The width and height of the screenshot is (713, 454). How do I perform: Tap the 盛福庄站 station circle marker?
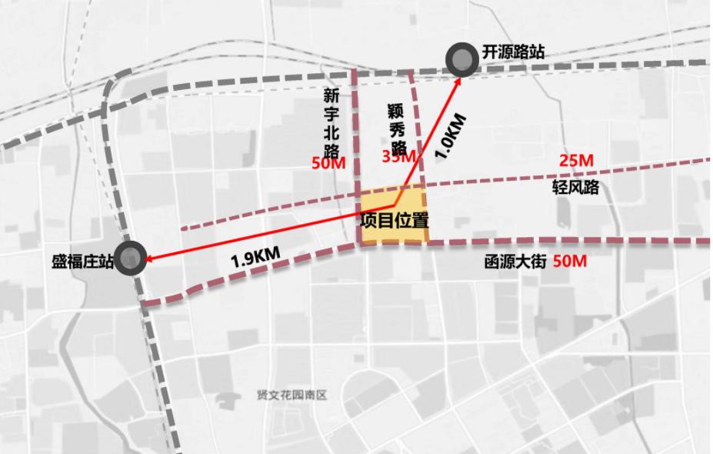point(132,258)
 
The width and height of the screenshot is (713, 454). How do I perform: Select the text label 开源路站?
point(513,52)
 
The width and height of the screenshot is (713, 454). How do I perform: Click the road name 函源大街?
point(515,262)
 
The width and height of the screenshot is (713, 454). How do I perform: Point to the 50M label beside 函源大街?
point(570,262)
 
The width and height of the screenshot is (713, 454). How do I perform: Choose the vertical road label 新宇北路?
point(332,124)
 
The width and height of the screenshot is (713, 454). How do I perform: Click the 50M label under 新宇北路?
point(328,163)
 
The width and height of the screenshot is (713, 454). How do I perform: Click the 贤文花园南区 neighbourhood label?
point(292,395)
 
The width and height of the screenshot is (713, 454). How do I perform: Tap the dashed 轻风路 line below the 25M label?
point(585,173)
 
